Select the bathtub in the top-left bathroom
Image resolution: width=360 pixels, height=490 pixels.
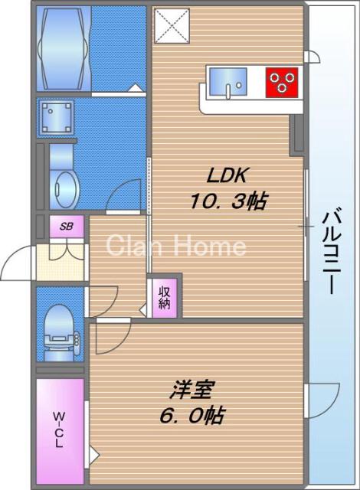(62, 48)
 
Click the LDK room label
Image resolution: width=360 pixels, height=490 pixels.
(224, 175)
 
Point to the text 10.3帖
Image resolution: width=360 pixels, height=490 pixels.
(227, 202)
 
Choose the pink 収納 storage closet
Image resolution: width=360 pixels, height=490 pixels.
(165, 296)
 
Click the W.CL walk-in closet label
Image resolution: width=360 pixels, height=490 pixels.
(59, 430)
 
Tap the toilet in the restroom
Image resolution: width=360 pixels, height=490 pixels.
(59, 332)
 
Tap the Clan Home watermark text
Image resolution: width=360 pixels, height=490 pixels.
(175, 246)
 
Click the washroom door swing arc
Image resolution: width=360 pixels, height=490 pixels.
(124, 195)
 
